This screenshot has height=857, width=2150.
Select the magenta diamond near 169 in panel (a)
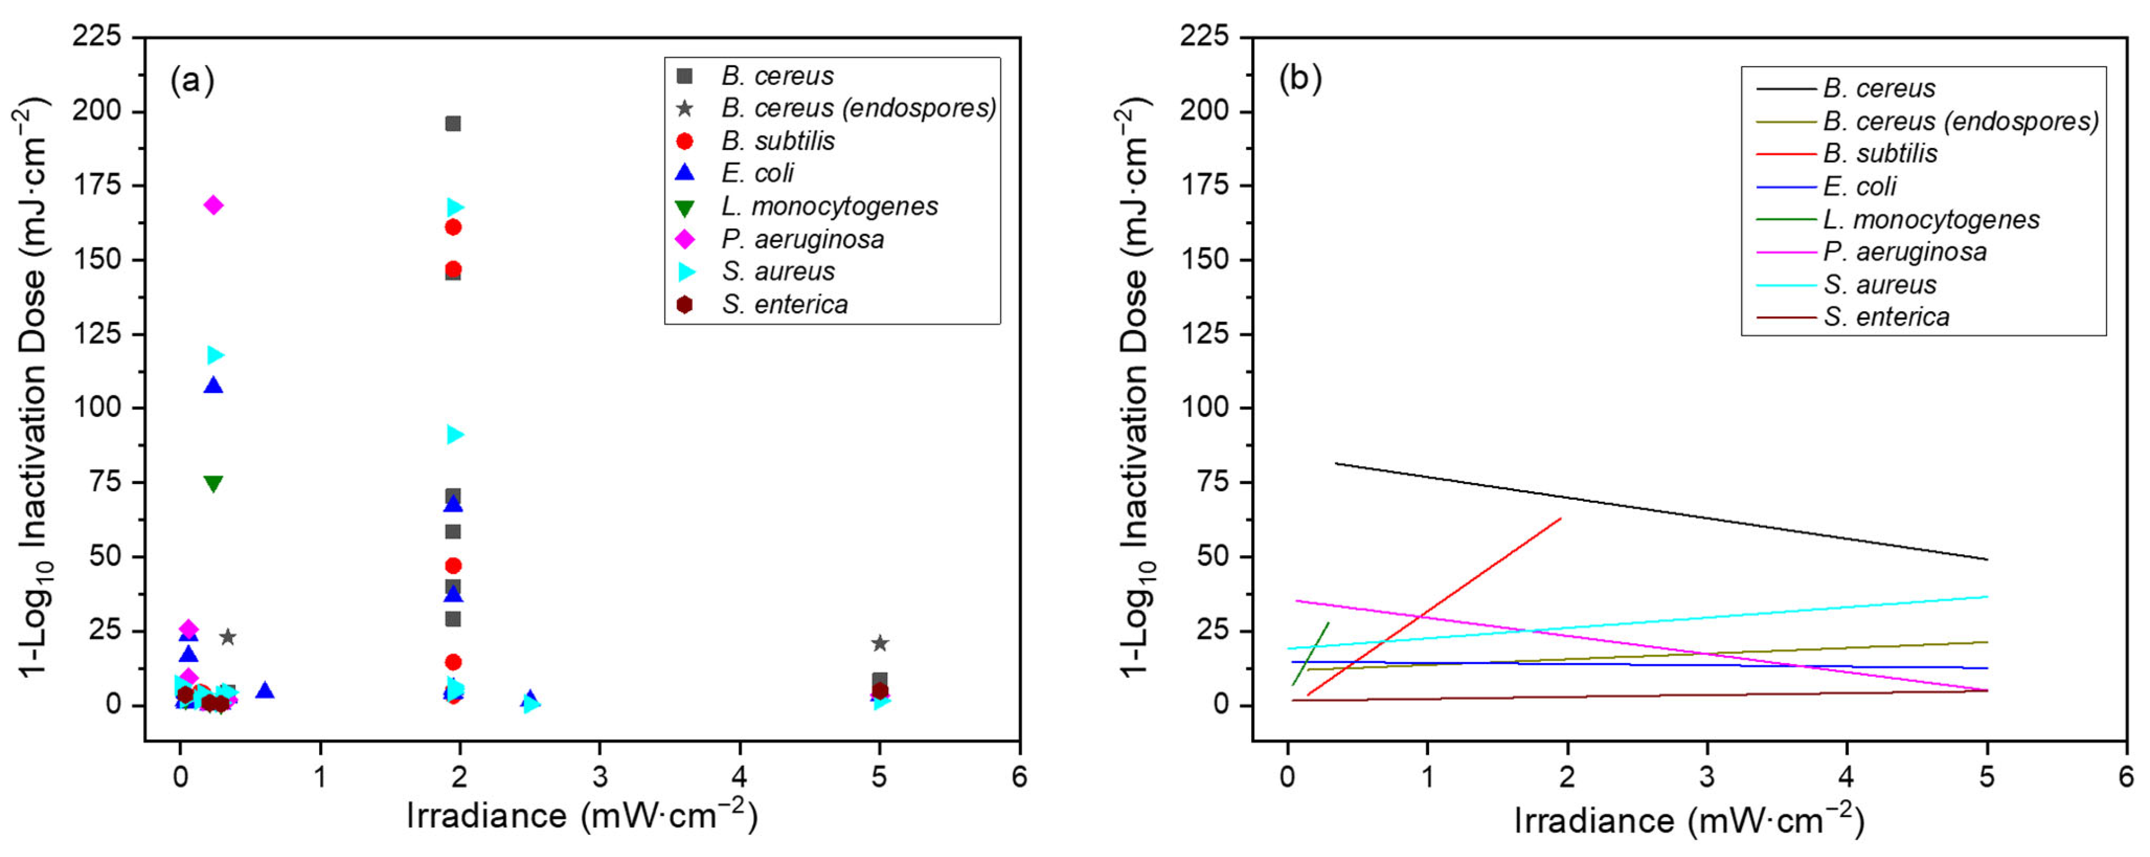[x=213, y=205]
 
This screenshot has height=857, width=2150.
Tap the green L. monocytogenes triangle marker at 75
[x=213, y=483]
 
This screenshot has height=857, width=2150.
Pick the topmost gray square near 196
[x=453, y=123]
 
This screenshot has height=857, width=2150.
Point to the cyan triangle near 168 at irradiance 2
[x=455, y=207]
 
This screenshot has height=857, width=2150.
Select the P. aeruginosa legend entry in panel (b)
[x=1905, y=252]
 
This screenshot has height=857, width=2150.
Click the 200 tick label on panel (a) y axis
[x=96, y=111]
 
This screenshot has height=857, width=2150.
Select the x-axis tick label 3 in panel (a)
[x=600, y=778]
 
